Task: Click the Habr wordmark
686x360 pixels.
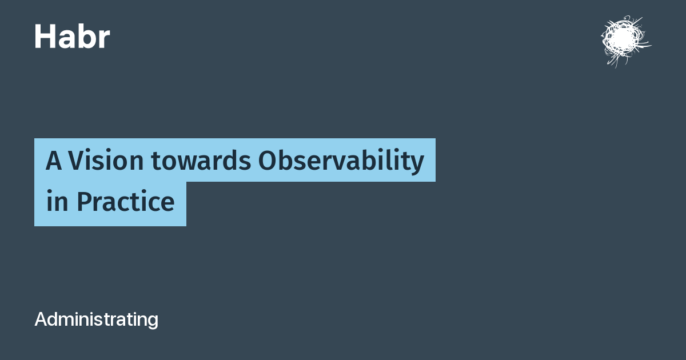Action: [72, 37]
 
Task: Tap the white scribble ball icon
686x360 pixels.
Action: [625, 41]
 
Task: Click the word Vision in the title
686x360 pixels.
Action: [106, 160]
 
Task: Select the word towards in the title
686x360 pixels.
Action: [201, 161]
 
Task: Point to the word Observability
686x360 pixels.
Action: [341, 161]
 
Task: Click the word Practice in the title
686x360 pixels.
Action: [126, 201]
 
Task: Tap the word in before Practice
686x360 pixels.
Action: [57, 201]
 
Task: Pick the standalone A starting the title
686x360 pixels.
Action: [54, 160]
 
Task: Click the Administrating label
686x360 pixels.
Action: [97, 320]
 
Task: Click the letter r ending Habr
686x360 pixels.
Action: [104, 39]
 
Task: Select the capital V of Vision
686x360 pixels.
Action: [77, 160]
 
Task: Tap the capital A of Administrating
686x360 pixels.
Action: [42, 319]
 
